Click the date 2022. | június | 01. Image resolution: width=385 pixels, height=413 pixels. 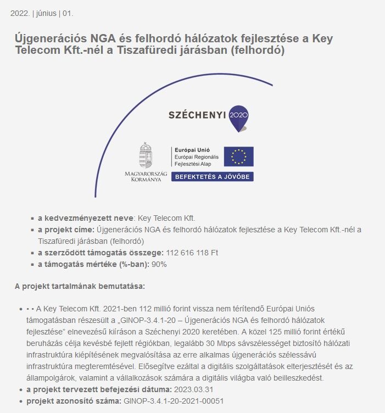[x=42, y=13]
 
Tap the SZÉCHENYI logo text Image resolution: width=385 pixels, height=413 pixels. [x=197, y=115]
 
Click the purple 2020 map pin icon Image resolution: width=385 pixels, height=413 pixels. [x=238, y=117]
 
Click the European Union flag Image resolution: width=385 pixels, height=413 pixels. [x=238, y=157]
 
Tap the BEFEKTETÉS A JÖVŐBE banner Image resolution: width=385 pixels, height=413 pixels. [x=212, y=177]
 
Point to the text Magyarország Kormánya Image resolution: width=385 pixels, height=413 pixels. [x=146, y=176]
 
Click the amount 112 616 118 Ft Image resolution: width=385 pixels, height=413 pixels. [x=192, y=253]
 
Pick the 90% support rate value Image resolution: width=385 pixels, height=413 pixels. [x=159, y=264]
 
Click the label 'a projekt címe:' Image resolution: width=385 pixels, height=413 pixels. [x=66, y=230]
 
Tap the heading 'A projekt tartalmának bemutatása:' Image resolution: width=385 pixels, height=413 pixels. [x=80, y=286]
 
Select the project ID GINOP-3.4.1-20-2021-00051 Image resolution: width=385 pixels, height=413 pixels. [x=173, y=401]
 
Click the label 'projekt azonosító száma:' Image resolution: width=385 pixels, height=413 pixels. [x=74, y=401]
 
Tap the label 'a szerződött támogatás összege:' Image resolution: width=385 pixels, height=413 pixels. [x=101, y=253]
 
